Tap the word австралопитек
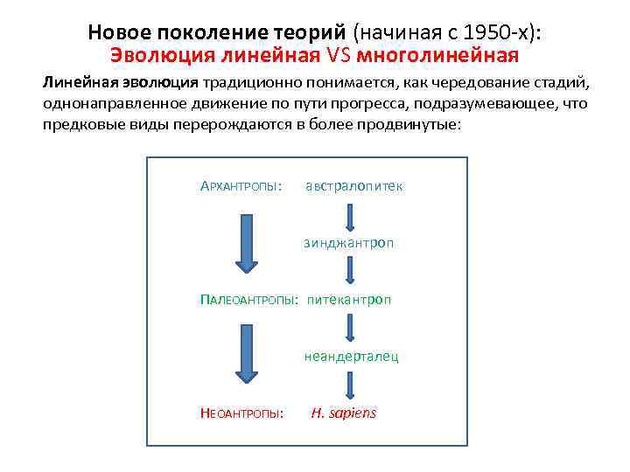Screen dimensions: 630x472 pos(354,186)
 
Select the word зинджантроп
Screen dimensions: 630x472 pos(349,242)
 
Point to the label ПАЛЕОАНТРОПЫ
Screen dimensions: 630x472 pos(249,300)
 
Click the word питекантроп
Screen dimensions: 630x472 pos(349,300)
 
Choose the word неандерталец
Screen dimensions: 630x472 pos(352,356)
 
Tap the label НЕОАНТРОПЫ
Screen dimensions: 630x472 pos(241,413)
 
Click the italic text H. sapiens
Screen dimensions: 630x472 pos(344,413)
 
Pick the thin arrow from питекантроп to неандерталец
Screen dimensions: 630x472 pos(349,328)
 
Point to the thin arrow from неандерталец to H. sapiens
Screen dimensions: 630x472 pos(349,383)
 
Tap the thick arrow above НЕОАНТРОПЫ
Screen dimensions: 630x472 pos(249,353)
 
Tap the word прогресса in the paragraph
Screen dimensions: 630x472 pos(383,104)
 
